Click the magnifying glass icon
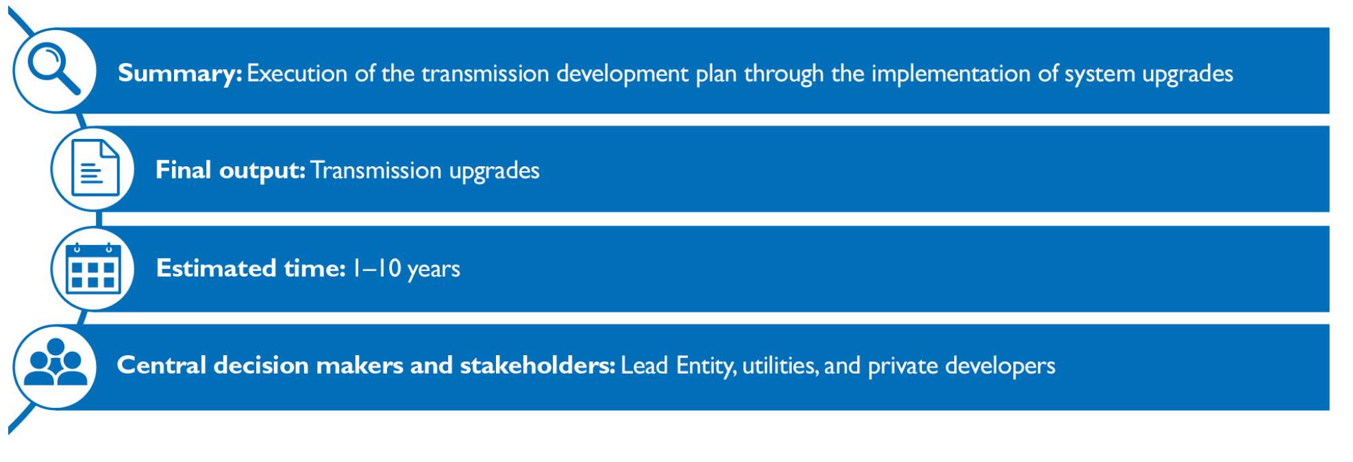(53, 68)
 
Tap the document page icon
(95, 168)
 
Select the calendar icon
(93, 268)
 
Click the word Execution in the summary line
(297, 73)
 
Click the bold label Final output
(230, 170)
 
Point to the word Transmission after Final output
(376, 170)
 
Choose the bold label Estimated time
(251, 268)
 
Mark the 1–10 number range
(377, 268)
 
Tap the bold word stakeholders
(538, 365)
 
